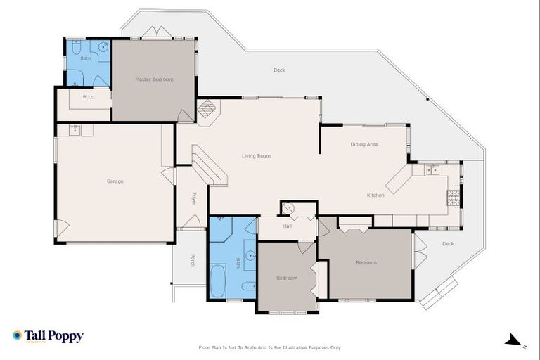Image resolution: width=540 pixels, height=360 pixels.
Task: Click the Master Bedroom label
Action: point(154,79)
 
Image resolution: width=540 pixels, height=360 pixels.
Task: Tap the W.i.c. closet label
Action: point(89,97)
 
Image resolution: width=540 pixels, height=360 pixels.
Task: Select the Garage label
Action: point(115,181)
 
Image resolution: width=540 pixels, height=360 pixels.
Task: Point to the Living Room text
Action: point(256,156)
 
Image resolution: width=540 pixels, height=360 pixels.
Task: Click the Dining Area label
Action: point(364,144)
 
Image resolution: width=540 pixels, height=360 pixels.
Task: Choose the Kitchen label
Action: point(375,195)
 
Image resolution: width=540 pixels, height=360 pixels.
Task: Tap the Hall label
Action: point(287,227)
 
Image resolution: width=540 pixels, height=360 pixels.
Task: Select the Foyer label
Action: point(194,199)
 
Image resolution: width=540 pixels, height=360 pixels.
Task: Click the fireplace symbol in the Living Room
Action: point(208,110)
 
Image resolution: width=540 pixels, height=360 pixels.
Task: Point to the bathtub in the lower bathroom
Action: point(218,281)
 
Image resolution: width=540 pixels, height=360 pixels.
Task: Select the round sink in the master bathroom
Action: point(103,48)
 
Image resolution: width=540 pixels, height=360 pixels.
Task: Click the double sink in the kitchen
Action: point(432,169)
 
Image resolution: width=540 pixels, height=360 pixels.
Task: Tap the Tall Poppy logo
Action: point(48,336)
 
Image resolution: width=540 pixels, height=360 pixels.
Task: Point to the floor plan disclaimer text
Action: point(270,347)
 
